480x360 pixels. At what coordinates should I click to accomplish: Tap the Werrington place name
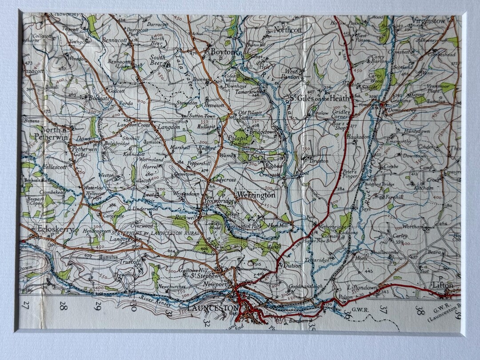tap(256, 195)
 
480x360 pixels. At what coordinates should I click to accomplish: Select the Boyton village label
tap(221, 52)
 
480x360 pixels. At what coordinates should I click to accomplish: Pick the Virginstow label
tap(428, 20)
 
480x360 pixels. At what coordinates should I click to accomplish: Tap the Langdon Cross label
tap(133, 126)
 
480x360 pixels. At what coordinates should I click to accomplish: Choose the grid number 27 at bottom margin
tap(26, 305)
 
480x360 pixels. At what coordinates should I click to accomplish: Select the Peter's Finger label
tap(349, 174)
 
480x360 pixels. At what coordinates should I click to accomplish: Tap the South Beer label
tap(157, 60)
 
